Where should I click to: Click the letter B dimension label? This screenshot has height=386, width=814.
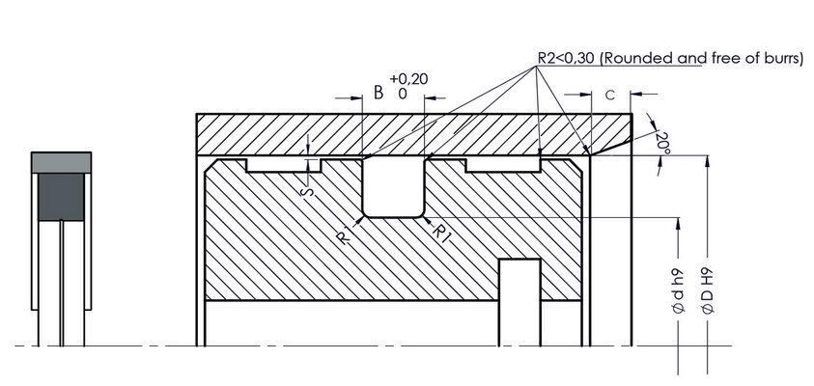click(379, 94)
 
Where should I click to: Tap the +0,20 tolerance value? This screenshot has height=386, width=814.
click(407, 79)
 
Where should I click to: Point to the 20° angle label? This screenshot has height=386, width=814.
click(662, 143)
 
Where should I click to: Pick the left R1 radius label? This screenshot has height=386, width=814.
click(345, 234)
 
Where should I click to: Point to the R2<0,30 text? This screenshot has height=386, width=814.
click(566, 58)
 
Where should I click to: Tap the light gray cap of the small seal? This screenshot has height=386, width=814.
click(62, 161)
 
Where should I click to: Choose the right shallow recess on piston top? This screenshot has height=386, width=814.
click(501, 165)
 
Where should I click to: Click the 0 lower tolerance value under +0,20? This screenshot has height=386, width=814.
click(402, 95)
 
